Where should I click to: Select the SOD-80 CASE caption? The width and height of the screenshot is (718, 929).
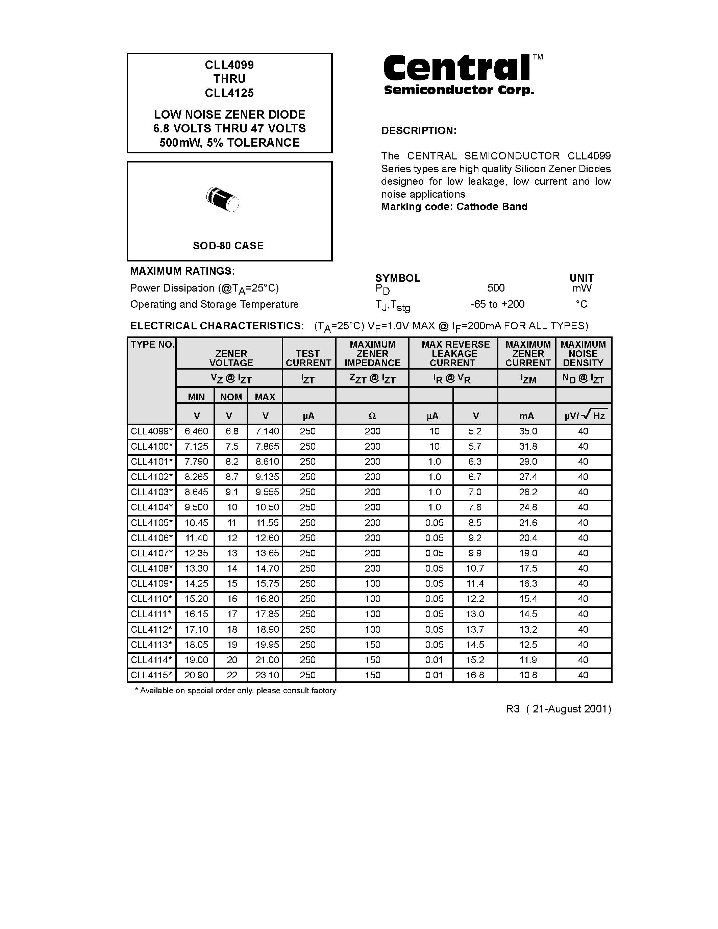click(x=228, y=246)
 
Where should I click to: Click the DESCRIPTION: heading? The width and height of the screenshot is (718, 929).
click(x=419, y=131)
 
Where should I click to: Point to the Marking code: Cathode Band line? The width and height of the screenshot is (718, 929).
click(x=454, y=207)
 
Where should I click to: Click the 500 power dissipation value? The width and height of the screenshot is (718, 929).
click(x=496, y=288)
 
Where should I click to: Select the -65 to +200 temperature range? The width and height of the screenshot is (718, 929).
click(x=497, y=304)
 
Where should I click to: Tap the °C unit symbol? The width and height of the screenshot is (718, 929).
click(x=581, y=304)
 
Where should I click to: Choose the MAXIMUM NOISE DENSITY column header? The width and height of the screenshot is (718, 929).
click(x=583, y=353)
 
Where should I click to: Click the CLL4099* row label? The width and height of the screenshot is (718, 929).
click(x=152, y=431)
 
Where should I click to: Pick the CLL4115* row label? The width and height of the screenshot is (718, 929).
click(x=152, y=675)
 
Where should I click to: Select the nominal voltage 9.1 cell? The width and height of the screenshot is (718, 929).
click(x=231, y=492)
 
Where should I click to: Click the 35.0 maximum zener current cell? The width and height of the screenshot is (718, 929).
click(x=527, y=431)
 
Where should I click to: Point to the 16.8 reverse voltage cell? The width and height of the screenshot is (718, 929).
click(x=475, y=675)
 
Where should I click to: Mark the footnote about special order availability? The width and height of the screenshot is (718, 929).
click(x=235, y=691)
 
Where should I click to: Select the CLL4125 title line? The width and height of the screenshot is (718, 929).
click(x=229, y=93)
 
